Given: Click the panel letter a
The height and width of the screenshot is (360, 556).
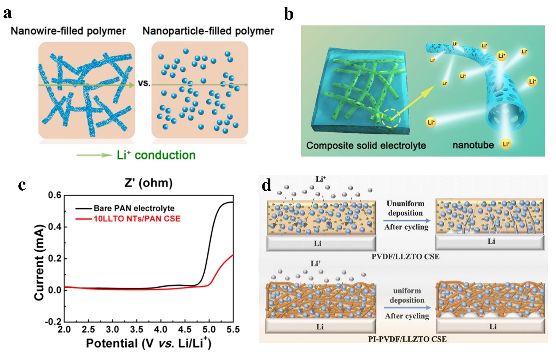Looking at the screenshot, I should (7, 13).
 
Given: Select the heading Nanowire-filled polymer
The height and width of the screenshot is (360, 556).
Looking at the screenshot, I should (70, 31).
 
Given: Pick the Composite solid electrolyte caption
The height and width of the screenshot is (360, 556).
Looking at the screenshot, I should (366, 145).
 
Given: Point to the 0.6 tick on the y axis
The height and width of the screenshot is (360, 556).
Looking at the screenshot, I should (54, 196).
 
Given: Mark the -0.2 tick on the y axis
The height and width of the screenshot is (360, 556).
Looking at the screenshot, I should (53, 322).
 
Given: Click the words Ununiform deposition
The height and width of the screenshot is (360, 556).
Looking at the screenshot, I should (404, 209).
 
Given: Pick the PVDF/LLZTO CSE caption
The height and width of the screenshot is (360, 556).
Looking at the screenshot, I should (404, 257).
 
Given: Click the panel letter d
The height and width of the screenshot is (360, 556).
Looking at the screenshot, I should (267, 185).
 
